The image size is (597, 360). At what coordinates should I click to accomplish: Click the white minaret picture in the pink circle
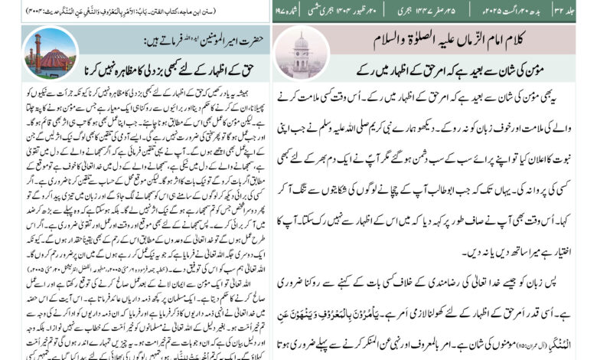301,52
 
